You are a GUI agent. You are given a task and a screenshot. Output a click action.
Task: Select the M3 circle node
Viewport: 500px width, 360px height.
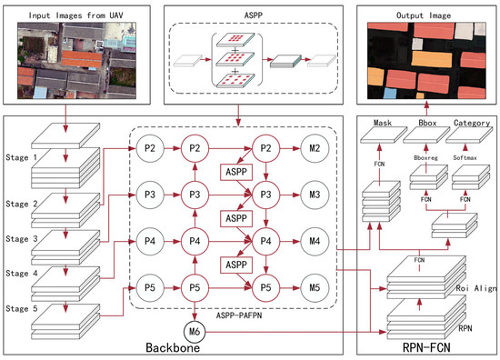click(315, 195)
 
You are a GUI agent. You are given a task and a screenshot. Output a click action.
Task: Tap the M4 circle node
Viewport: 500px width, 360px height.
click(315, 241)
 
